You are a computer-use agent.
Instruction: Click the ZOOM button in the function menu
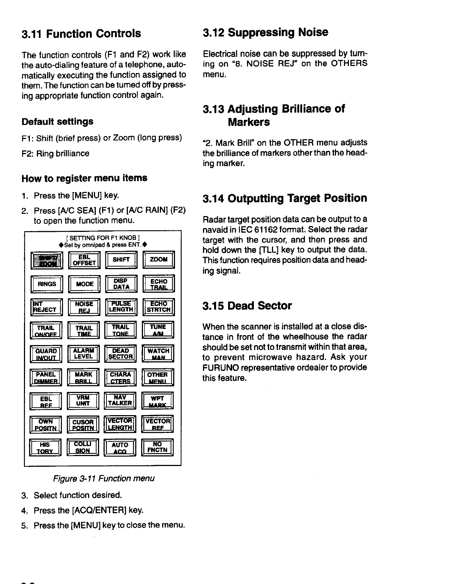[x=158, y=260]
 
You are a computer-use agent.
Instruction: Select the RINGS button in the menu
[x=47, y=284]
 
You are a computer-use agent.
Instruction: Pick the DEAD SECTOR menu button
[x=120, y=354]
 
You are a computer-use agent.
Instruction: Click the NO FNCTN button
[x=157, y=447]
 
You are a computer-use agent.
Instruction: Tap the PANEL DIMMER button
[x=47, y=378]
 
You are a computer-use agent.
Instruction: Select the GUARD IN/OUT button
[x=46, y=354]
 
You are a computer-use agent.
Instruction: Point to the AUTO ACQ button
[x=120, y=448]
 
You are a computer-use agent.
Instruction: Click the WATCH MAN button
[x=158, y=354]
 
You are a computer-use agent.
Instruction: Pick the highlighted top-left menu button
[x=47, y=260]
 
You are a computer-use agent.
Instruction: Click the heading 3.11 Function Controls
[x=81, y=34]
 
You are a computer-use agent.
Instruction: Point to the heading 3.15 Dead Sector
[x=247, y=306]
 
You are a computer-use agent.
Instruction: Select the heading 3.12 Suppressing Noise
[x=265, y=32]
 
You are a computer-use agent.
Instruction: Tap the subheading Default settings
[x=57, y=121]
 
